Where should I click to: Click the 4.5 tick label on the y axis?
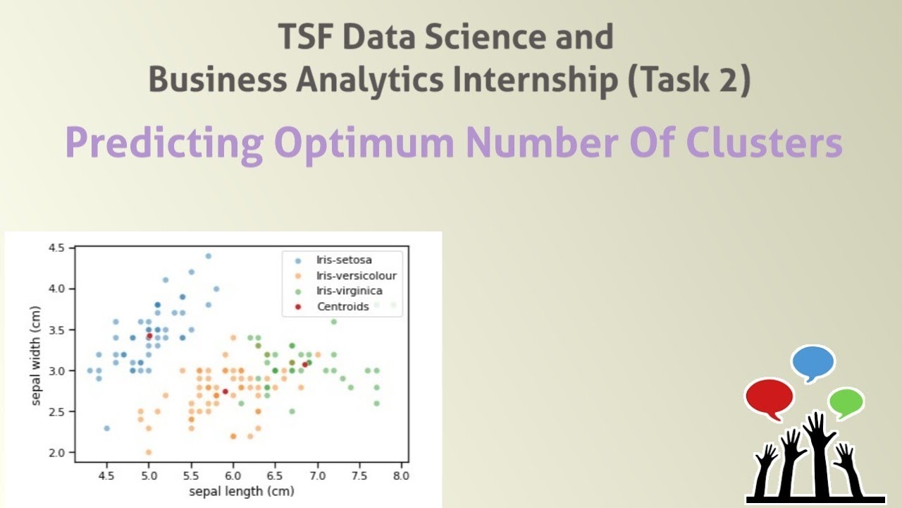(x=57, y=248)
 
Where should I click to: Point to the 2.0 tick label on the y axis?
(x=57, y=452)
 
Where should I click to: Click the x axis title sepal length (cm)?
(x=242, y=490)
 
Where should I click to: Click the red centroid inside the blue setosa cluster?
(x=149, y=336)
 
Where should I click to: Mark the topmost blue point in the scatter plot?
(x=208, y=256)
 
